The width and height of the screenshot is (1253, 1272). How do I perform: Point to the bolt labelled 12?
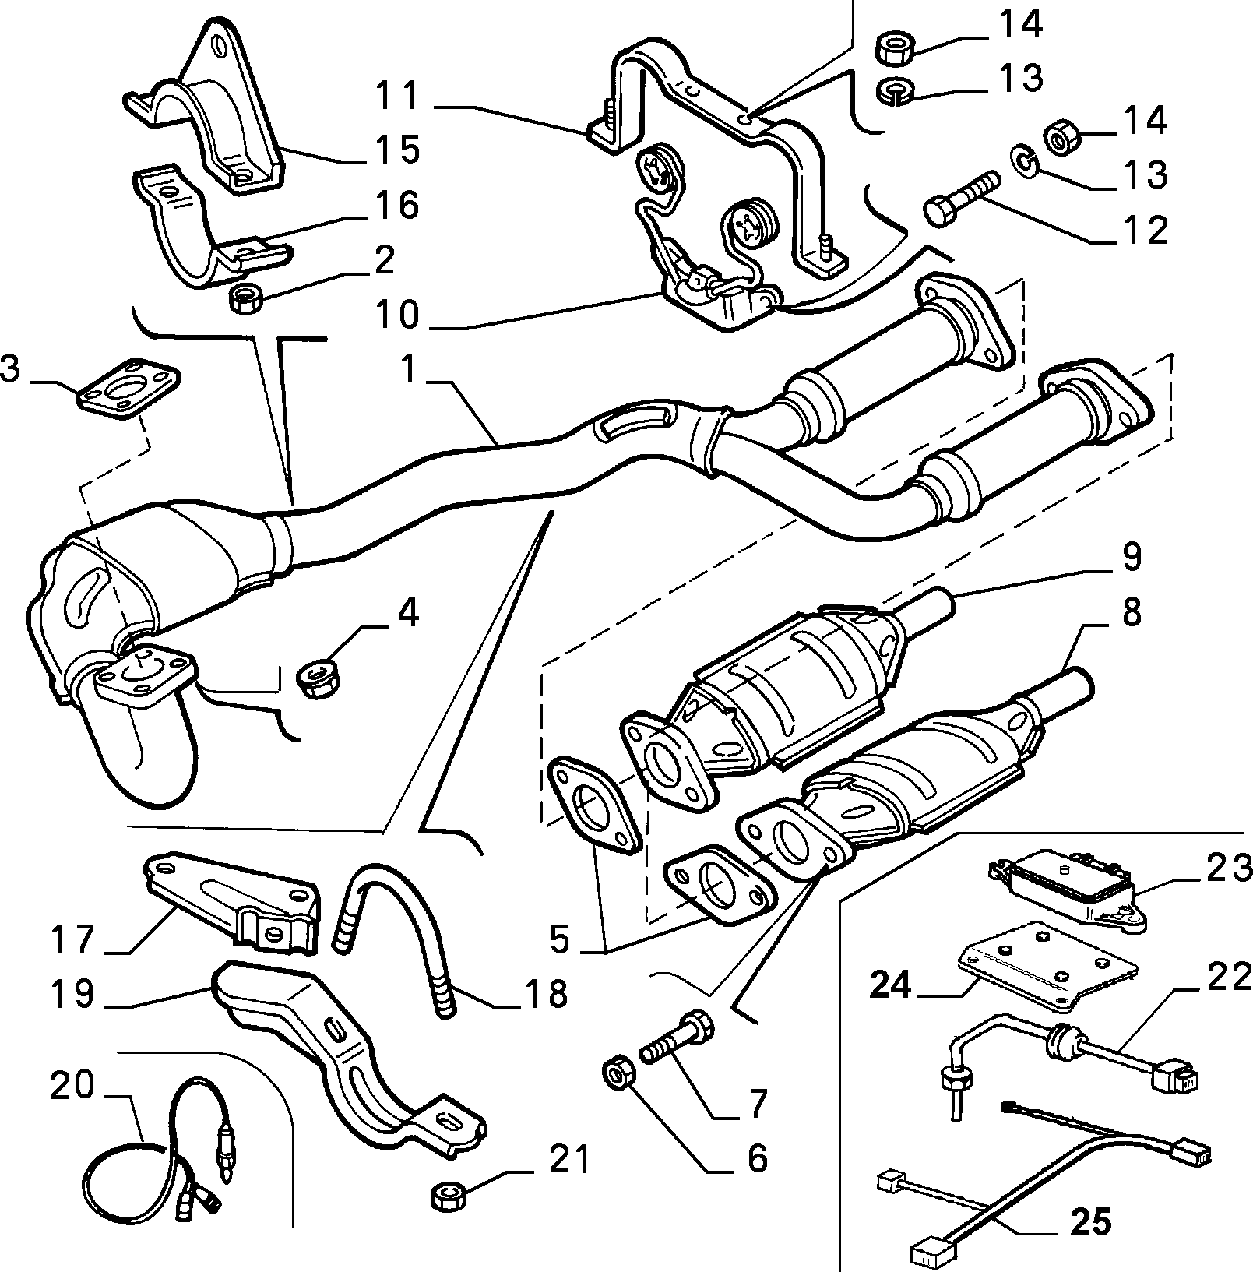961,199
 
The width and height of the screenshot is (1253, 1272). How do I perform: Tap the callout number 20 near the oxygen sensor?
72,1085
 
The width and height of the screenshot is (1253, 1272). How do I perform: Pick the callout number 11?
397,97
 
